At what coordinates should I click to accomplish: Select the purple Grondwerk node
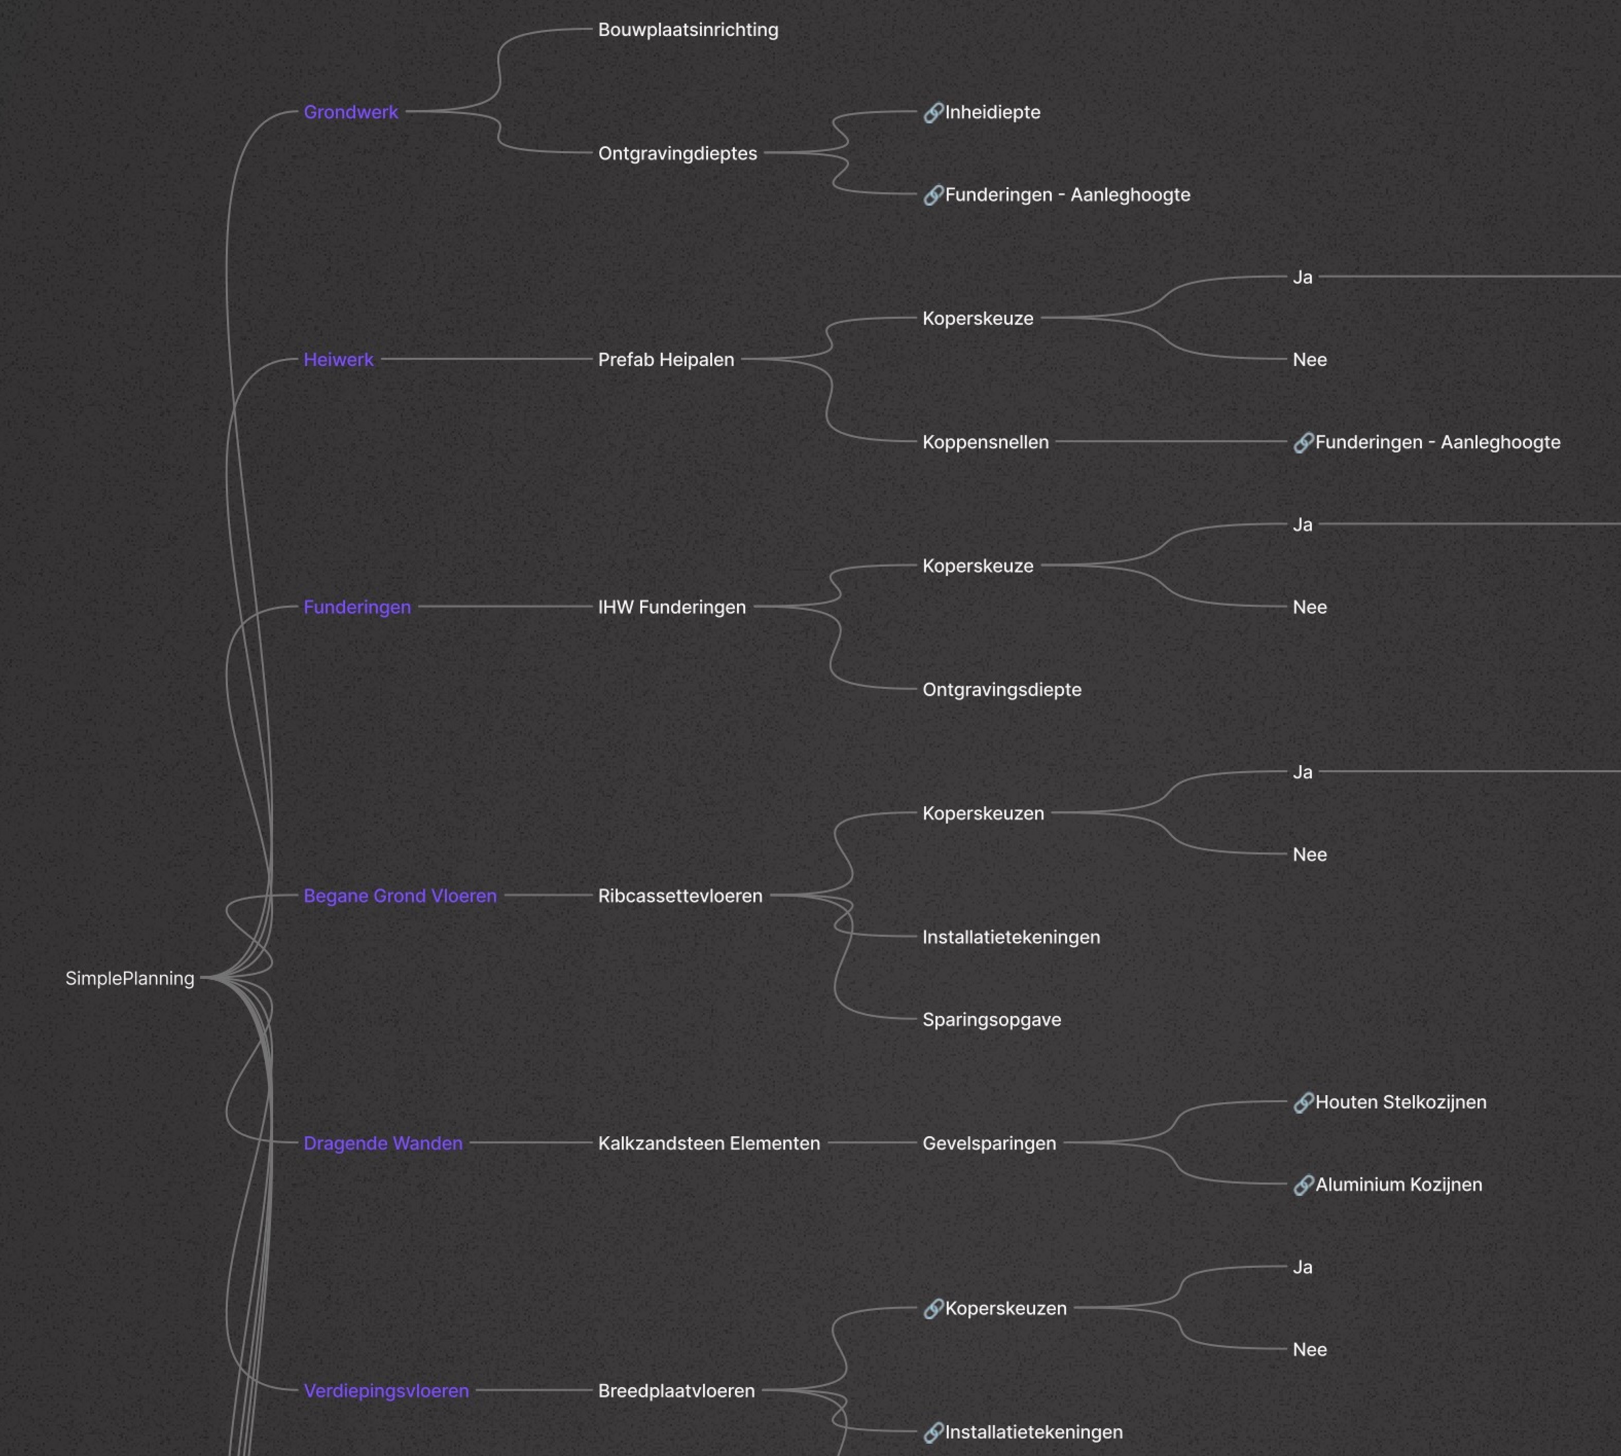coord(350,112)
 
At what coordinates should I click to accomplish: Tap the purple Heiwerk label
coord(338,360)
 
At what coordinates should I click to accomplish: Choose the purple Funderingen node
coord(357,607)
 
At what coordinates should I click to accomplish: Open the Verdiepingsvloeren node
coord(386,1390)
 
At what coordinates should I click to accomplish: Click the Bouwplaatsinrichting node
coord(688,30)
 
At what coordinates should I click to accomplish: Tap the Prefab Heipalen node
coord(665,360)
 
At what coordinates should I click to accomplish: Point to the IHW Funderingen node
coord(672,607)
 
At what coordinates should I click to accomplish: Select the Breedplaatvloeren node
coord(676,1390)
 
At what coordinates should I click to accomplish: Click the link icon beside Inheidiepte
coord(933,113)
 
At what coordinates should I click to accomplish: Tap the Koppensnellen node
coord(985,442)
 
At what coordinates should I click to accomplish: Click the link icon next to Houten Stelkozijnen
coord(1303,1102)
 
